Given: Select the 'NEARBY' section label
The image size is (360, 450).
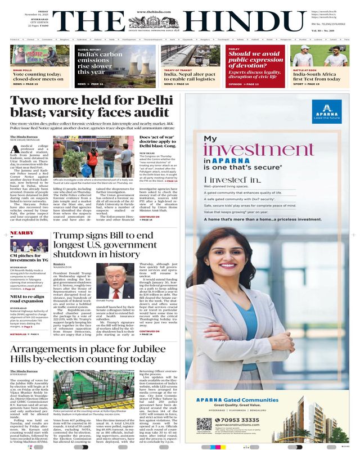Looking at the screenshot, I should [22, 232].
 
